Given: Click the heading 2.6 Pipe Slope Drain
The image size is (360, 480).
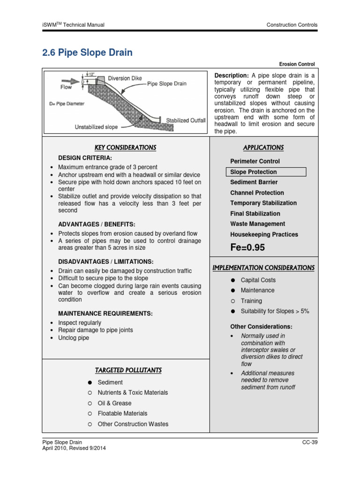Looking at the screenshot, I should [x=87, y=52].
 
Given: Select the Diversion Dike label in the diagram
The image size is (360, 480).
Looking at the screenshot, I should [x=126, y=78].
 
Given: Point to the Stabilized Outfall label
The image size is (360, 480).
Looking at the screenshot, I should [x=186, y=120].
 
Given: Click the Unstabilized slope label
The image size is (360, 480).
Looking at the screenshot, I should [x=96, y=127].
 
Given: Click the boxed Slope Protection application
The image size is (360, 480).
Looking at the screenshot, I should [x=265, y=172].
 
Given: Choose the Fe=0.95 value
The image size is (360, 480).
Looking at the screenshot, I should [x=247, y=247].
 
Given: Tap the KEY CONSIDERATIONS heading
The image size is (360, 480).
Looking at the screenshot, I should [x=125, y=148].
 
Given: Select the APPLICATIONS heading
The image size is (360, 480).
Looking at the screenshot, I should [x=263, y=148].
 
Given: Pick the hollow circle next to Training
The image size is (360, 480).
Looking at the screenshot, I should [x=232, y=301].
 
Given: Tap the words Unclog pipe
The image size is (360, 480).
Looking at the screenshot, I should [x=73, y=337].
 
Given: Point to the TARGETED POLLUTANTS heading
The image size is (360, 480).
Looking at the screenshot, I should [x=128, y=370].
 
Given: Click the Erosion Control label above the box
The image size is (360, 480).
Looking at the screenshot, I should [x=297, y=64].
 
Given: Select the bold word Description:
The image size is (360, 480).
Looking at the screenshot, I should [x=231, y=76].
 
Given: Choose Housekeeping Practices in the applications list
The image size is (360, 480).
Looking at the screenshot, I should [x=264, y=234].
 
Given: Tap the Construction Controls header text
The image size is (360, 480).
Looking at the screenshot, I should [x=292, y=25].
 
